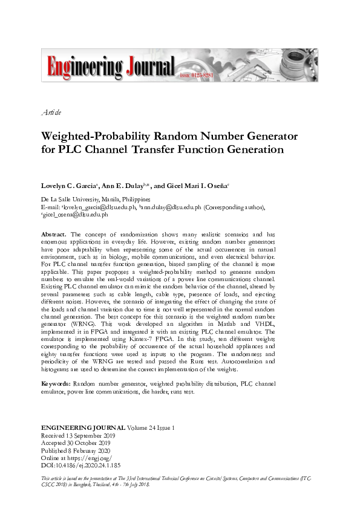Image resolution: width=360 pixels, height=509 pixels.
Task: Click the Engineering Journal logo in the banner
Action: pos(108,65)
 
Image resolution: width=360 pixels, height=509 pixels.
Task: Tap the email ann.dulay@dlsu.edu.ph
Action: pos(172,206)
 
